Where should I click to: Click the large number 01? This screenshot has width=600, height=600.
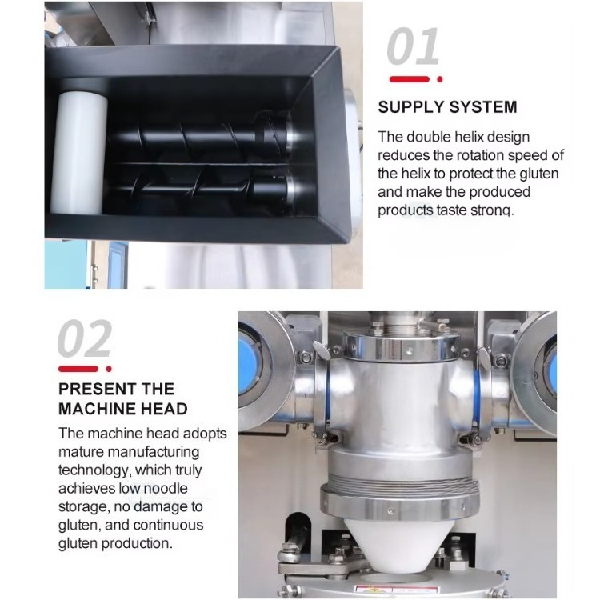coord(414,46)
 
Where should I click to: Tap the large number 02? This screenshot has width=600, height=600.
coord(85,338)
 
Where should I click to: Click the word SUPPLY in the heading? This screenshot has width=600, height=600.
coord(410,106)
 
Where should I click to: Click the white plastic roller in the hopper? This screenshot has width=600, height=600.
coord(79,152)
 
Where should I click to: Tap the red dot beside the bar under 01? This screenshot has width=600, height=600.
coord(440,79)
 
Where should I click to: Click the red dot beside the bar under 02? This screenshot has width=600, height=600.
coord(109,369)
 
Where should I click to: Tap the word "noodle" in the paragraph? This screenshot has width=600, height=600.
coord(166,488)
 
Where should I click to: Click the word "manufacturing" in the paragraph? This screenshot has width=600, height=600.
coord(153,452)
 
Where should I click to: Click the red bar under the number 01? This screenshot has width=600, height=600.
coord(410,79)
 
